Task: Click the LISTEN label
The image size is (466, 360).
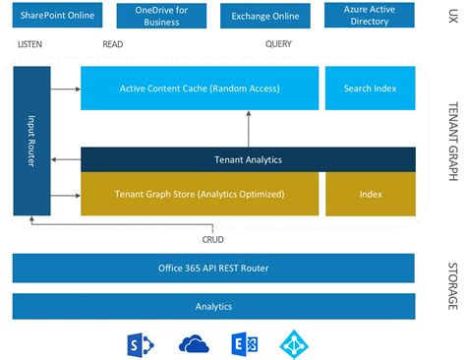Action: point(30,45)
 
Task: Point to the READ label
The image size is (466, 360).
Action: point(114,45)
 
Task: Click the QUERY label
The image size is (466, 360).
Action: point(278,45)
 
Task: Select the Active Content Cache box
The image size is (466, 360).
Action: point(200,89)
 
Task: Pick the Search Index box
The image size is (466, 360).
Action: point(371,89)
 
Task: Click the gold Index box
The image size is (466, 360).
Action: point(371,194)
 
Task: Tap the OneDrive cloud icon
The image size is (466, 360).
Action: point(195,344)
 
